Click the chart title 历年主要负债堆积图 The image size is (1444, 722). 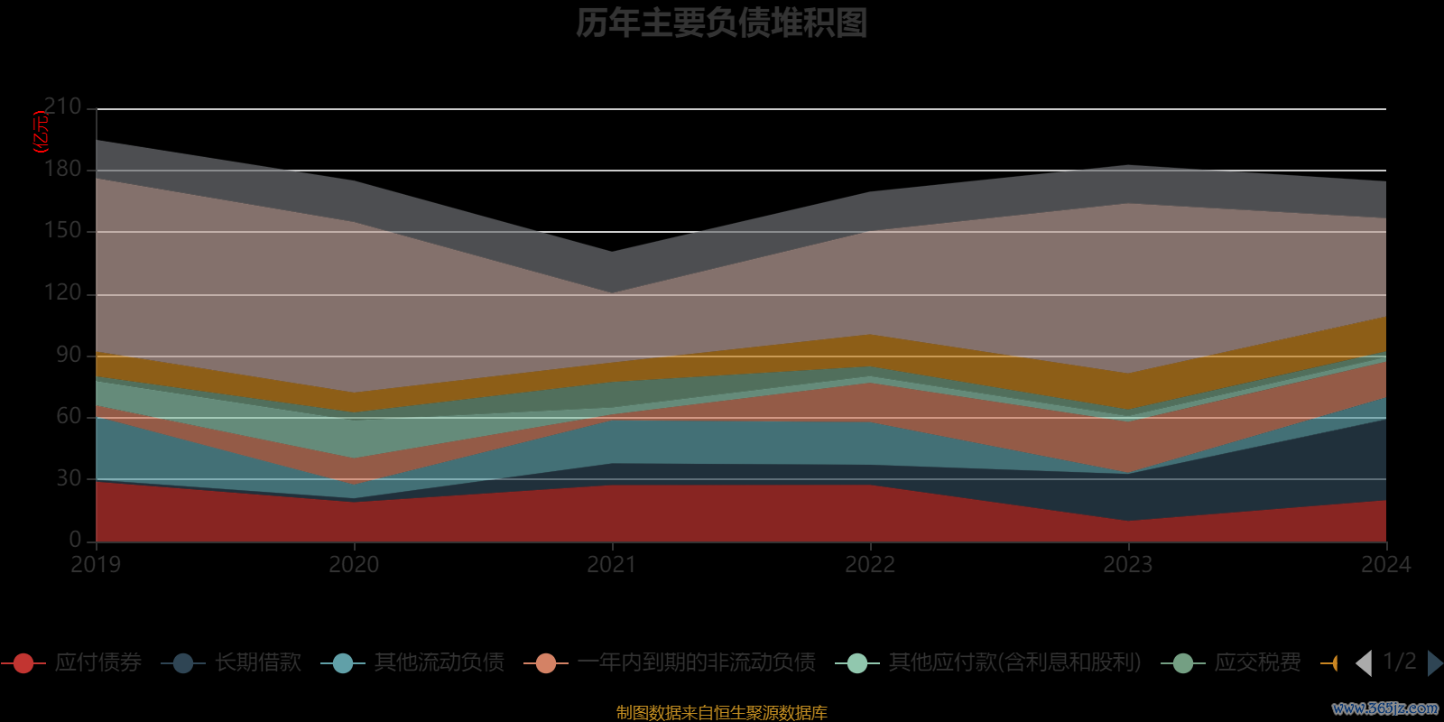pyautogui.click(x=721, y=23)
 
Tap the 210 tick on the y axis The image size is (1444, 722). pyautogui.click(x=62, y=106)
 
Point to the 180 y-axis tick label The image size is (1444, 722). pyautogui.click(x=62, y=169)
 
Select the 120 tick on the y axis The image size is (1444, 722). pyautogui.click(x=62, y=292)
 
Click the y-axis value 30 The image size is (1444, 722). pyautogui.click(x=69, y=478)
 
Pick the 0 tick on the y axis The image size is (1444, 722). pyautogui.click(x=75, y=540)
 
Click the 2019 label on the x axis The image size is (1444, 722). pyautogui.click(x=96, y=565)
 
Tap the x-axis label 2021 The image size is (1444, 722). pyautogui.click(x=612, y=565)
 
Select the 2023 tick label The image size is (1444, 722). pyautogui.click(x=1128, y=565)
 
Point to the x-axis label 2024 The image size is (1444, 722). pyautogui.click(x=1385, y=565)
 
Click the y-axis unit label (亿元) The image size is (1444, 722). pyautogui.click(x=41, y=132)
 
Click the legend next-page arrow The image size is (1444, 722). pyautogui.click(x=1434, y=663)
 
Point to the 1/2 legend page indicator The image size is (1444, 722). pyautogui.click(x=1399, y=662)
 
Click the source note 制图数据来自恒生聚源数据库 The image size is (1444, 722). pyautogui.click(x=721, y=713)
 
